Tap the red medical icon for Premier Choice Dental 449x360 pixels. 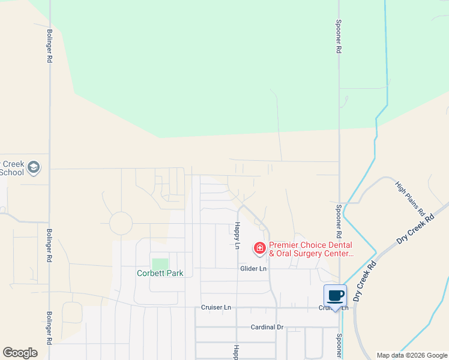point(260,248)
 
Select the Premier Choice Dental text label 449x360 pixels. point(311,249)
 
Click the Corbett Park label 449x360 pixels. point(160,273)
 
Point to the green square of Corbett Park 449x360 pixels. point(160,264)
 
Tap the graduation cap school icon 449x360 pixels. point(34,167)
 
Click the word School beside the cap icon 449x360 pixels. point(12,172)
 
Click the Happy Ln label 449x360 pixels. point(237,236)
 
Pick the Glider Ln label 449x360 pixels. point(253,269)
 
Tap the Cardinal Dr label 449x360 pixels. point(267,328)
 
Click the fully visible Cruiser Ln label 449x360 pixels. point(216,307)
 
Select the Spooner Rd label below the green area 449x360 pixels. point(339,220)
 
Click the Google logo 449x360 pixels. point(20,353)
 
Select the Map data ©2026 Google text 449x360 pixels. point(411,355)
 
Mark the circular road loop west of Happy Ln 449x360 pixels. point(121,224)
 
